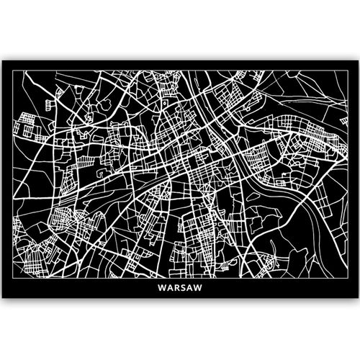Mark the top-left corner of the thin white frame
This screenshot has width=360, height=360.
14,70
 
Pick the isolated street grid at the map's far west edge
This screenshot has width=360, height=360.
30,129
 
